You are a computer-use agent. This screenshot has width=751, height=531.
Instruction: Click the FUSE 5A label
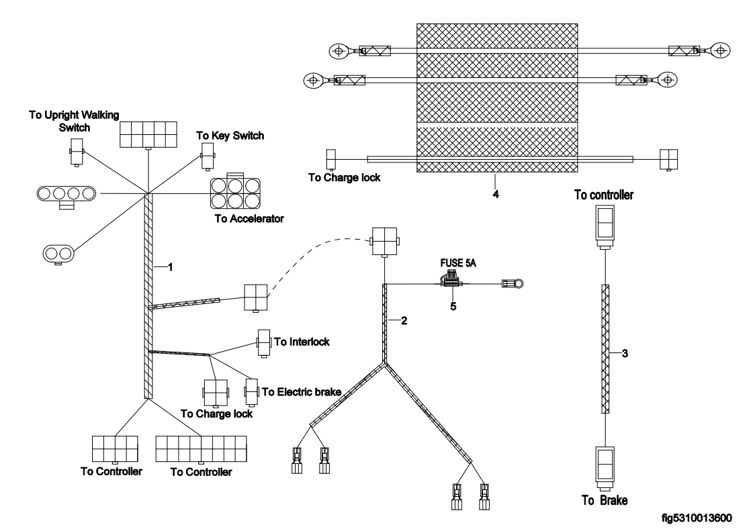click(x=455, y=264)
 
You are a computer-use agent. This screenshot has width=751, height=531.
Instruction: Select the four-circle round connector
click(x=65, y=194)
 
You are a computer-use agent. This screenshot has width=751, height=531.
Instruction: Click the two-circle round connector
click(x=58, y=252)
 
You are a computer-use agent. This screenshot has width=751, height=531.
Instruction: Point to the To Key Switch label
click(x=230, y=135)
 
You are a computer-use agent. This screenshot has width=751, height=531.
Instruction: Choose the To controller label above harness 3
click(x=605, y=195)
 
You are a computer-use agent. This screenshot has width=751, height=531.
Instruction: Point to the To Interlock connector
click(x=263, y=342)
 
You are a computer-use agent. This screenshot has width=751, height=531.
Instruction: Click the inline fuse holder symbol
click(x=452, y=283)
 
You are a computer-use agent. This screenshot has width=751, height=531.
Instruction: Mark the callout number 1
click(x=171, y=267)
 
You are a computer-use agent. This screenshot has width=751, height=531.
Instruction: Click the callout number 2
click(x=404, y=320)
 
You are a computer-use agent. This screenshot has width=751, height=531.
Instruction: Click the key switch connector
click(x=207, y=160)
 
